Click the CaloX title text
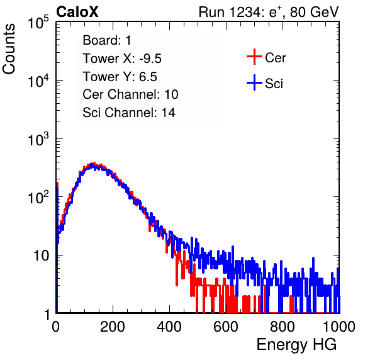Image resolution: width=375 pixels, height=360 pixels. point(77,12)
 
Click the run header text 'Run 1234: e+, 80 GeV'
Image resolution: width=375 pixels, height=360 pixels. point(269,12)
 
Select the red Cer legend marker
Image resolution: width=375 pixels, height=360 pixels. point(254,57)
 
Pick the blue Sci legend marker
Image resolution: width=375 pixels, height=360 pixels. point(254,82)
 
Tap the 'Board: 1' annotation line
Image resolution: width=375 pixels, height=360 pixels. point(107,40)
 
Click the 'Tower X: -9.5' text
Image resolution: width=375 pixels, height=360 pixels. point(122,59)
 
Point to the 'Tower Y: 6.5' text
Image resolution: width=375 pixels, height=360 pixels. point(120,77)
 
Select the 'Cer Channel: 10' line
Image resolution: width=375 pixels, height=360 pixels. point(130,94)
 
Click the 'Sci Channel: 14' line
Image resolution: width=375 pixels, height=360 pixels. point(129,113)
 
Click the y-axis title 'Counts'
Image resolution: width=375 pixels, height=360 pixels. point(9,49)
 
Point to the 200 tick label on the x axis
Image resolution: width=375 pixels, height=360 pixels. point(113,327)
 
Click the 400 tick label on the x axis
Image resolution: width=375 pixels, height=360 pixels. point(169,327)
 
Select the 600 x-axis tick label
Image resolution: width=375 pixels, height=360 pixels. point(226,327)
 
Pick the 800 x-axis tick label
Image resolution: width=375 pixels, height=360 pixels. point(283,327)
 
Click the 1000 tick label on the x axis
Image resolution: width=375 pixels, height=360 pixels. point(339,327)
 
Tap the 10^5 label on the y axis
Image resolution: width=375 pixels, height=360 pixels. point(38,22)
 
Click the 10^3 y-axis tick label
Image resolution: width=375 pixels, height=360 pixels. point(38,138)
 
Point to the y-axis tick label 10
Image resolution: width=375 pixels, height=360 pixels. point(41,256)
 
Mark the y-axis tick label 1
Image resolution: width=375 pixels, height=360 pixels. point(47,314)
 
